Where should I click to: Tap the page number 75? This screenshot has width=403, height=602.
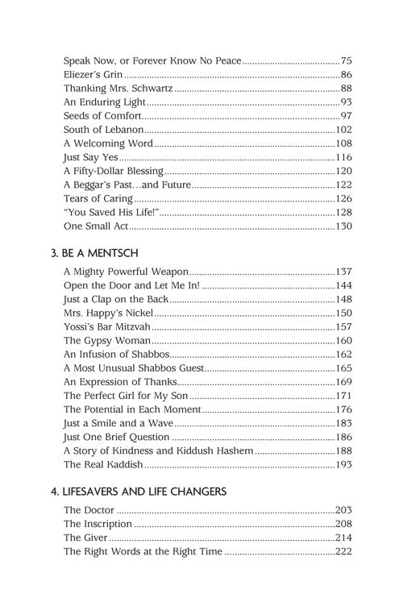(347, 60)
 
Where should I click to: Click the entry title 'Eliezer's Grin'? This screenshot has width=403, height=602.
(92, 74)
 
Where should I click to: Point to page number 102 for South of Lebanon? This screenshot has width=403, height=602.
(344, 130)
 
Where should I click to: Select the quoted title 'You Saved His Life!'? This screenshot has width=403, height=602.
(110, 214)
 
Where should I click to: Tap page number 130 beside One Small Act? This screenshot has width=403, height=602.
(344, 227)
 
